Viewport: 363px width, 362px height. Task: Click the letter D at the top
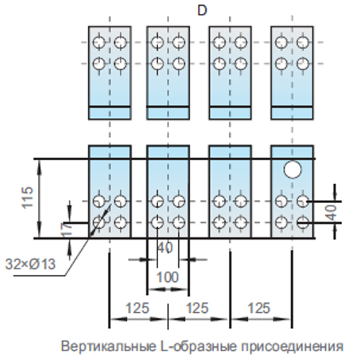202,11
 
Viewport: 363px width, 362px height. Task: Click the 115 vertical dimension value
28,197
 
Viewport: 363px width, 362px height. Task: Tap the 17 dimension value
67,230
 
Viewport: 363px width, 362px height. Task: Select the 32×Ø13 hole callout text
30,264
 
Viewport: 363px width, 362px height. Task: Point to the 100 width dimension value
168,277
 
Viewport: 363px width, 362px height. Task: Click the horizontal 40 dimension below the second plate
165,248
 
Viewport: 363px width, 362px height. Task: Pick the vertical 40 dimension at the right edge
331,213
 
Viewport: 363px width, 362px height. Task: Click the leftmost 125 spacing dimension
137,308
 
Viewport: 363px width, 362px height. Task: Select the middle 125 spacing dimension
197,308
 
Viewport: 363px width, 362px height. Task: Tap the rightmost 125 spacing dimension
259,308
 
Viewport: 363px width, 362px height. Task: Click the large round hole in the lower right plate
292,170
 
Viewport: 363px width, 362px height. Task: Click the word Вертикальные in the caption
108,346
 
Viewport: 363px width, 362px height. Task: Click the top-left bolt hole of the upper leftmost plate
99,42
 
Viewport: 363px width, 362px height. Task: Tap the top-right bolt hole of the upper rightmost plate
302,42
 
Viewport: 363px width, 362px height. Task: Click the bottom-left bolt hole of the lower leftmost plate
99,223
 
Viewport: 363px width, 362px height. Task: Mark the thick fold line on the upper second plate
168,107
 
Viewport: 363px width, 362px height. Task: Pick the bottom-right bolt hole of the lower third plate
241,223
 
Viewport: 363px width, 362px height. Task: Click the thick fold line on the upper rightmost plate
292,107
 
